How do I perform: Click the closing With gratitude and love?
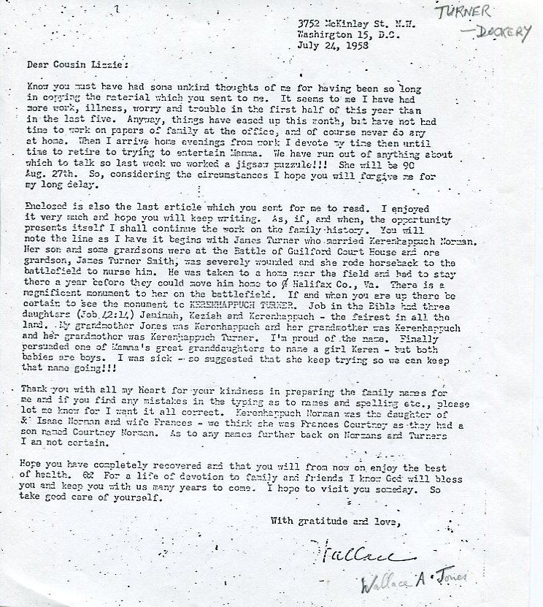[x=335, y=521]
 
